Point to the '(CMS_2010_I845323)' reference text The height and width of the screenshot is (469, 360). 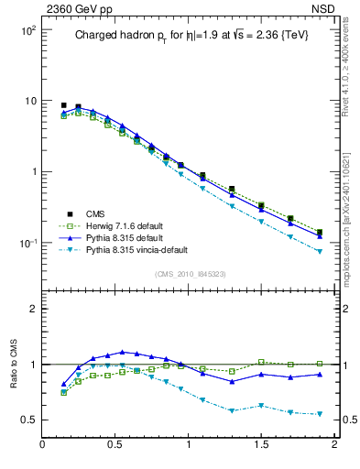(x=190, y=274)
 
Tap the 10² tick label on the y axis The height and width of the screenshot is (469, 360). (x=27, y=30)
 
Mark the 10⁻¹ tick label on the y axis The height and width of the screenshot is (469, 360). (x=27, y=243)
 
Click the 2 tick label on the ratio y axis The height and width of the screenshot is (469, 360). (x=32, y=309)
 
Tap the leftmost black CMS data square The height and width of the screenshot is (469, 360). (x=63, y=105)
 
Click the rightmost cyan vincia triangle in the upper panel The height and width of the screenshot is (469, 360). (x=320, y=251)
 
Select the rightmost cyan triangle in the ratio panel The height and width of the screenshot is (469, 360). (x=320, y=414)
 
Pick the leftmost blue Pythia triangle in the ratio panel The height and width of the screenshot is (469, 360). (x=63, y=385)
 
